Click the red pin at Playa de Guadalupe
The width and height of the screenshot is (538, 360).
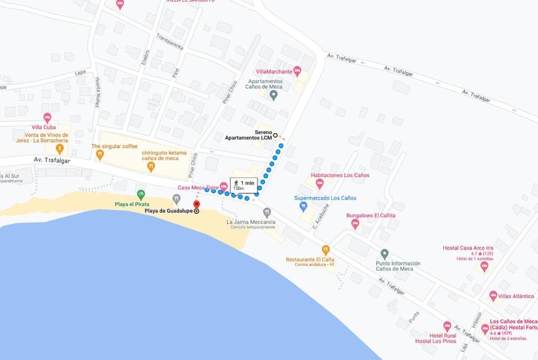click(x=196, y=204)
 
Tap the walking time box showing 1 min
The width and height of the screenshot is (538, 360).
click(x=244, y=185)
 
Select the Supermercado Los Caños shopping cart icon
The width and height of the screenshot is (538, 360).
click(x=303, y=207)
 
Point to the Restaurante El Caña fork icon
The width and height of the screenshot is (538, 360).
click(x=326, y=250)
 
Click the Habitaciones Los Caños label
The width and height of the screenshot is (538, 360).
click(x=340, y=175)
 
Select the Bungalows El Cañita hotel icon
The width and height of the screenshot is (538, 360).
click(x=355, y=224)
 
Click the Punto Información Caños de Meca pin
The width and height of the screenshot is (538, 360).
click(x=385, y=254)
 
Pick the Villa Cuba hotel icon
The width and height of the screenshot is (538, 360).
click(x=47, y=118)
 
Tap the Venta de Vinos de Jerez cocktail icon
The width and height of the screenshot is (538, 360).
click(x=60, y=150)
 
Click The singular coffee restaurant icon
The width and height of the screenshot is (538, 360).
click(x=100, y=155)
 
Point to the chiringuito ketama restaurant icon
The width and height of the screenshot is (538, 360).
click(x=151, y=167)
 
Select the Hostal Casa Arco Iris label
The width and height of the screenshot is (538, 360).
click(x=468, y=248)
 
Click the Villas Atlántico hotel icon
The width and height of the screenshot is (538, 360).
click(x=493, y=296)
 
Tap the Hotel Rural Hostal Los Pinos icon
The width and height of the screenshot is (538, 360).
click(x=447, y=326)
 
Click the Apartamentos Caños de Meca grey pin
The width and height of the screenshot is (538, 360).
click(x=273, y=95)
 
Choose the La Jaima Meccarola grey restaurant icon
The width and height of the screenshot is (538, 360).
click(x=267, y=212)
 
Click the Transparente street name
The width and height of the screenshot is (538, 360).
click(x=170, y=42)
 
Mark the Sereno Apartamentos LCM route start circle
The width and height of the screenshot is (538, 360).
click(x=275, y=135)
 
